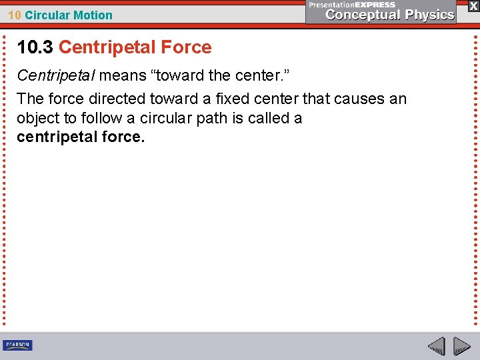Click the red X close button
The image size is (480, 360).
(x=473, y=5)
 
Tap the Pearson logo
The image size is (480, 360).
(x=18, y=345)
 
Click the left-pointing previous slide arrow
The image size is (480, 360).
(x=436, y=346)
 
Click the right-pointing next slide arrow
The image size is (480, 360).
(x=461, y=346)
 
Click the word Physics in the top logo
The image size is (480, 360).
(x=429, y=15)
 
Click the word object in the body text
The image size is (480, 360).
(x=37, y=119)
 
